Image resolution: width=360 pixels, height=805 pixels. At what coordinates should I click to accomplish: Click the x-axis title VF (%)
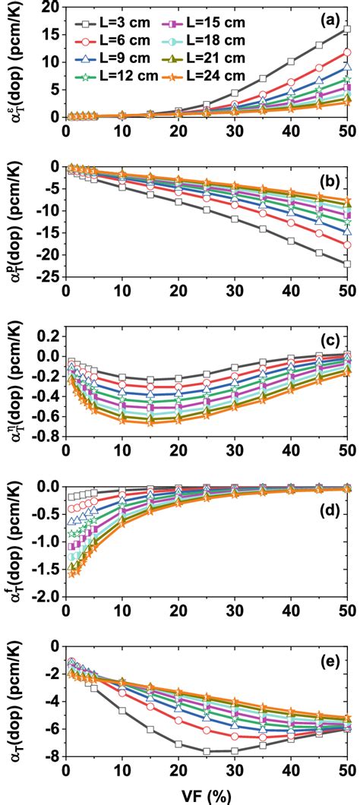tap(207, 794)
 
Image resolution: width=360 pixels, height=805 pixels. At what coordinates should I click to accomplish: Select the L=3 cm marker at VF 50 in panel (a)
tap(347, 29)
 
